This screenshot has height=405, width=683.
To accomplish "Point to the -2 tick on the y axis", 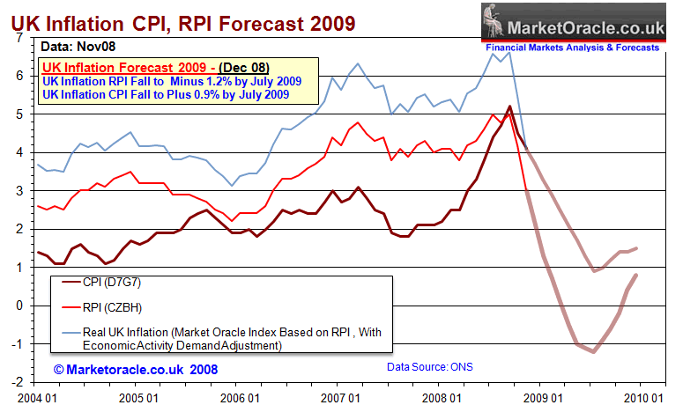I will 18,382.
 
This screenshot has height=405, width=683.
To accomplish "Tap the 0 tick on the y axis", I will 20,306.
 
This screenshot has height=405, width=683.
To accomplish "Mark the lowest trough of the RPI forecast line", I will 595,352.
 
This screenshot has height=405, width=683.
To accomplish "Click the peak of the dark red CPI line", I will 509,107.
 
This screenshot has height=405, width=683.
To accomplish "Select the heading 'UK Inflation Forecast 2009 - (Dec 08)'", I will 156,67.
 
